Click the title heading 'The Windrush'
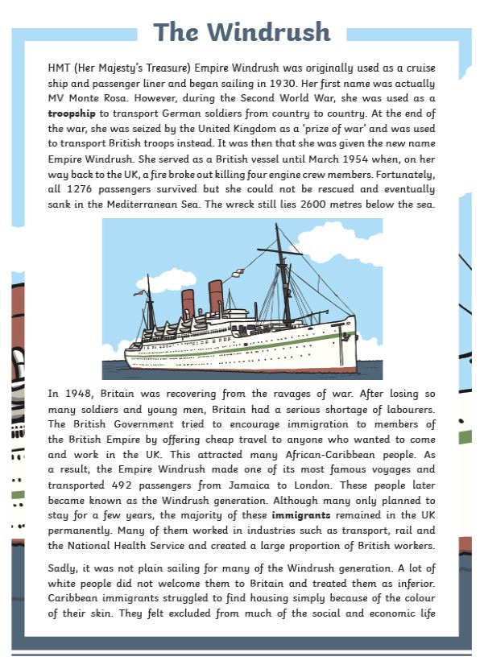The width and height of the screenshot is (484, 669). (242, 32)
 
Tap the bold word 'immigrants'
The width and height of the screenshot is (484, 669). (301, 512)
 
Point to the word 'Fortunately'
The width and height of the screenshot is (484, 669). (401, 175)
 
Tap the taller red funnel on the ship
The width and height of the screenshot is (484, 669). (215, 296)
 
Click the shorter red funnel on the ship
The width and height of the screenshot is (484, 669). (188, 304)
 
